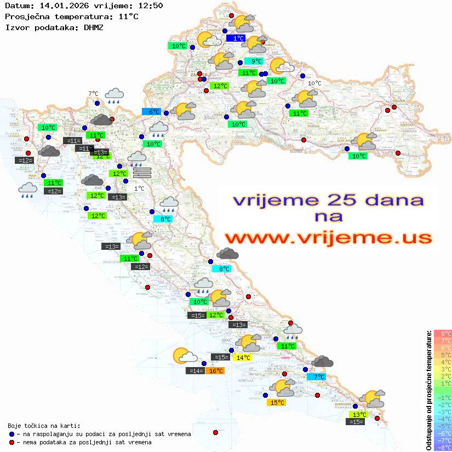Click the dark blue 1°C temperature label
pyautogui.click(x=238, y=38)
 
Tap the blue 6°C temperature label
pyautogui.click(x=151, y=112)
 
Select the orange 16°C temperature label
pyautogui.click(x=215, y=371)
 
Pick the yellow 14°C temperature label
pyautogui.click(x=242, y=358)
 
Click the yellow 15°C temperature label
pyautogui.click(x=278, y=403)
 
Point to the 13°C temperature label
pyautogui.click(x=359, y=415)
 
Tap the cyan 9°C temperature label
pyautogui.click(x=254, y=61)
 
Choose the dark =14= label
pyautogui.click(x=196, y=371)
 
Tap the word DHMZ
pyautogui.click(x=94, y=27)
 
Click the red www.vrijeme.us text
pyautogui.click(x=328, y=237)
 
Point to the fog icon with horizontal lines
pyautogui.click(x=141, y=173)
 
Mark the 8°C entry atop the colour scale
pyautogui.click(x=443, y=334)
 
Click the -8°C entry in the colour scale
pyautogui.click(x=443, y=448)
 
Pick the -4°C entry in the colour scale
pyautogui.click(x=443, y=419)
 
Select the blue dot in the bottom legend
pyautogui.click(x=12, y=434)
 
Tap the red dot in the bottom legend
pyautogui.click(x=12, y=442)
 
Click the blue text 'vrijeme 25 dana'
pyautogui.click(x=328, y=201)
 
